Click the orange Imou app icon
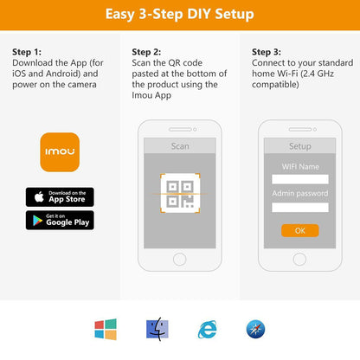coord(60,152)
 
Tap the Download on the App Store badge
coord(60,197)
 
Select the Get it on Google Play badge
coord(60,220)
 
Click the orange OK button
coord(300,230)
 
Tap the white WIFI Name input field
coord(300,179)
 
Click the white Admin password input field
coord(300,207)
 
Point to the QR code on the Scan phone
coord(180,194)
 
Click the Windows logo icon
coord(106,329)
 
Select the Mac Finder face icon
coord(157,329)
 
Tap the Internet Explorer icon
coord(208,329)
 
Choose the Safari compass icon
coord(255,329)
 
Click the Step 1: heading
coord(27,52)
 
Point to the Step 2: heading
coord(146,52)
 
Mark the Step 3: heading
coord(267,52)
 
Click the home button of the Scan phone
coord(180,260)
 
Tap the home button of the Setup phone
coord(299,260)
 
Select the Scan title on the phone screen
coord(180,146)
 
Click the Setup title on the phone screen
coord(300,146)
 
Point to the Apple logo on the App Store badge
coord(39,196)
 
